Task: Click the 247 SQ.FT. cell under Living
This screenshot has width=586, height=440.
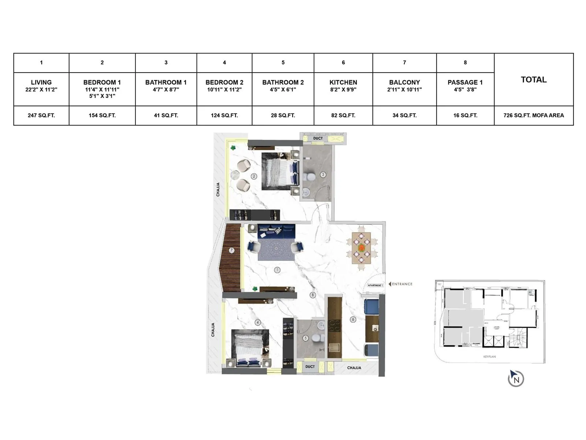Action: (41, 115)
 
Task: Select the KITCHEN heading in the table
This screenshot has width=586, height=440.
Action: (343, 82)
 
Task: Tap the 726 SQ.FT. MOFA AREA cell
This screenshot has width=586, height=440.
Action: (534, 115)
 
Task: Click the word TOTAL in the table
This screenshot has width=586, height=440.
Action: (534, 80)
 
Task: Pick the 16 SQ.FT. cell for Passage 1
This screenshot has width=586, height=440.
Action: (465, 115)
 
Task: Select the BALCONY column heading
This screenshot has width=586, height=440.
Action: (404, 82)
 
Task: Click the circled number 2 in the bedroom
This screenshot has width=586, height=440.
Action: (253, 176)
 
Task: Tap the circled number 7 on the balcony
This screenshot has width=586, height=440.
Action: (231, 250)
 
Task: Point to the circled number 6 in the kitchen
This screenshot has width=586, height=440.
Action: (353, 319)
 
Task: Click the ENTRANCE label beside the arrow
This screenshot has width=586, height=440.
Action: (402, 284)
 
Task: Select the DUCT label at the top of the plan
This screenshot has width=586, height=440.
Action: (318, 139)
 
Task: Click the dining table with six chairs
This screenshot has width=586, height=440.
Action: (361, 248)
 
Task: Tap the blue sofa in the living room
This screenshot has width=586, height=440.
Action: (277, 231)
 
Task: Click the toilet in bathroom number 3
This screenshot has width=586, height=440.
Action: (311, 176)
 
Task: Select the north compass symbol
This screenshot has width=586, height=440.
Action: (516, 379)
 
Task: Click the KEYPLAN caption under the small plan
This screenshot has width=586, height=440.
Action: (489, 357)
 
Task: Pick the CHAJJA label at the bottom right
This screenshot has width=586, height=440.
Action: (354, 368)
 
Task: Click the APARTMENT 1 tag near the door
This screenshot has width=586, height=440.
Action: (375, 285)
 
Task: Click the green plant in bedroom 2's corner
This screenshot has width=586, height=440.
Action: (233, 148)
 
